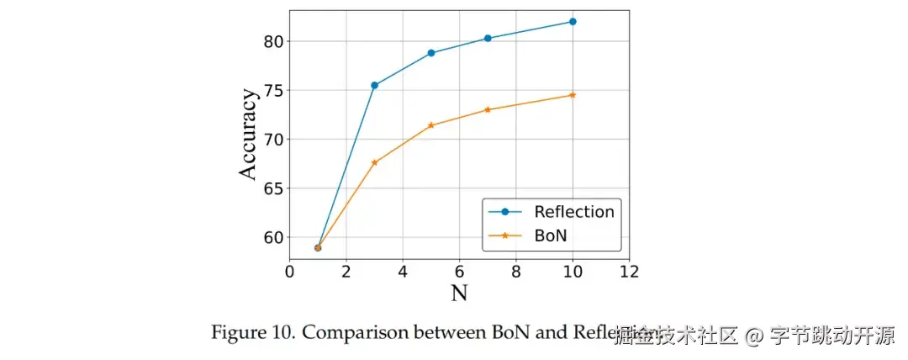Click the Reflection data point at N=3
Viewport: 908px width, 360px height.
(x=374, y=85)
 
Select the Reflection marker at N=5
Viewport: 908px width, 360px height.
(x=431, y=53)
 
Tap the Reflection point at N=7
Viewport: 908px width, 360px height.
(x=488, y=38)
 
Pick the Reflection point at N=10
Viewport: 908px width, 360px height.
(x=573, y=21)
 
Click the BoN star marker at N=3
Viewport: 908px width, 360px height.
(x=374, y=162)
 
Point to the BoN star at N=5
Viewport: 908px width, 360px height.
(x=431, y=125)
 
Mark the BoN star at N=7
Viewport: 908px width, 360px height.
(x=488, y=109)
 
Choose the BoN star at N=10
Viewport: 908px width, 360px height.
(x=573, y=95)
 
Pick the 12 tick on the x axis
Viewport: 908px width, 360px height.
(x=629, y=272)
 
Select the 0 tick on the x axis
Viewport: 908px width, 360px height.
(x=289, y=272)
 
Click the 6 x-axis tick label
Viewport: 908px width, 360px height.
(x=459, y=272)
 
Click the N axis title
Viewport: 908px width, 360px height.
(x=459, y=293)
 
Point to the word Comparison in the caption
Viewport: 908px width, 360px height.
(x=353, y=332)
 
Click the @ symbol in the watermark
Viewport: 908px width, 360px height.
(x=754, y=336)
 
